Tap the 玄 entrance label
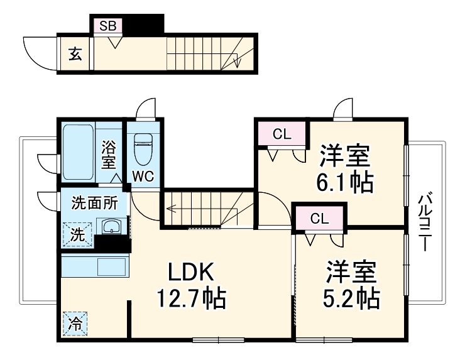75,54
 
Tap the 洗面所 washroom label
93,203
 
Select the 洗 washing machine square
75,236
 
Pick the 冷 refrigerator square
75,324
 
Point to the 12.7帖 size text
191,298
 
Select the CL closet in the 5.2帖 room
320,219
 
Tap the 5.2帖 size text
351,298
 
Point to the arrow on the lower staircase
173,211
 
